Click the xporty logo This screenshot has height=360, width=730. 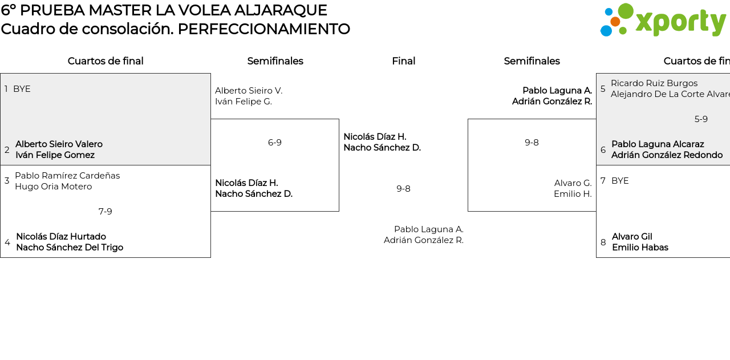[663, 21]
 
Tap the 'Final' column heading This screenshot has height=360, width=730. [403, 61]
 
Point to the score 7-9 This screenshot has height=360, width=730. [105, 212]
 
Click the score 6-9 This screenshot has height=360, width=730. [275, 143]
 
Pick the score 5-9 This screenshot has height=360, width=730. [701, 119]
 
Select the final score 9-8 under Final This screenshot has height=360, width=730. [403, 189]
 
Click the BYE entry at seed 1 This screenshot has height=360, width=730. [22, 89]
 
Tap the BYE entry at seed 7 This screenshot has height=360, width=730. [620, 181]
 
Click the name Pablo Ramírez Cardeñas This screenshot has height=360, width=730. [67, 176]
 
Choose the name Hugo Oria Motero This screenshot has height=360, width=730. [53, 187]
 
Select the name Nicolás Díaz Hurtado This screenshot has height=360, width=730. [61, 237]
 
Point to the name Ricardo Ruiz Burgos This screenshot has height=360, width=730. [654, 83]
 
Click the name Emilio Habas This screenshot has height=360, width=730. [640, 248]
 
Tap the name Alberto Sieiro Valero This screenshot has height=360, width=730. [59, 144]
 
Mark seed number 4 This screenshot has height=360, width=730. [7, 242]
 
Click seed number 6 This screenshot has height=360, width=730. [603, 150]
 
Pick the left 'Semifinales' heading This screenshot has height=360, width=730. [275, 61]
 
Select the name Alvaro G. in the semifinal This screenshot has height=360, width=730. [573, 183]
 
